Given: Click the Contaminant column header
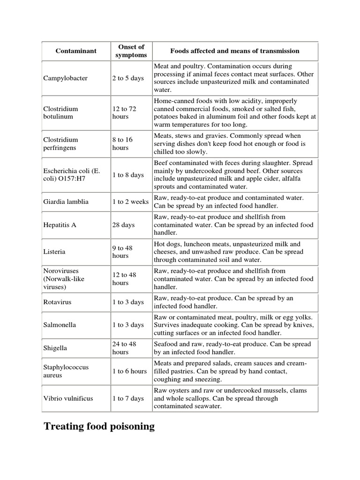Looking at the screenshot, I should click(75, 51).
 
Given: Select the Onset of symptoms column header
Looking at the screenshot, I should click(131, 51).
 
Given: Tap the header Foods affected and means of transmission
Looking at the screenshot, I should click(234, 51).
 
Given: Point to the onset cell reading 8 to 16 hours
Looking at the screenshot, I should click(122, 143).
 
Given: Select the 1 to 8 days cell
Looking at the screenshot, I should click(128, 175).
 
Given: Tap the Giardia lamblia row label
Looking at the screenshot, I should click(67, 202).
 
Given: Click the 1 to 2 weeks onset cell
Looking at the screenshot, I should click(130, 202).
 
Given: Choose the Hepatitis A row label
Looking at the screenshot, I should click(60, 225).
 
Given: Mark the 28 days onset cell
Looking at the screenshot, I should click(123, 225).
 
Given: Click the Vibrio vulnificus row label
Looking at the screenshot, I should click(69, 398).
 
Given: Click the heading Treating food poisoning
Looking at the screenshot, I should click(99, 427).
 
